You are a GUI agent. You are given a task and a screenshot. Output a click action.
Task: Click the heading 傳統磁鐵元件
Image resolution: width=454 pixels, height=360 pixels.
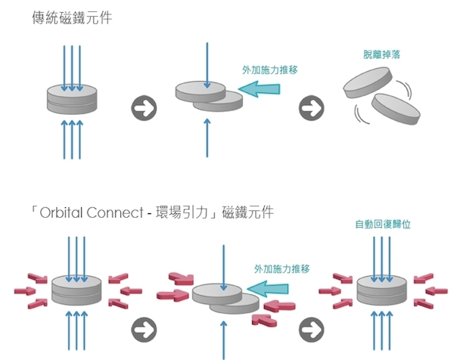click(x=72, y=18)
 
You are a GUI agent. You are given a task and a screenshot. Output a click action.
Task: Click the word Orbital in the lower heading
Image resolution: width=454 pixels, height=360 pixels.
click(x=61, y=213)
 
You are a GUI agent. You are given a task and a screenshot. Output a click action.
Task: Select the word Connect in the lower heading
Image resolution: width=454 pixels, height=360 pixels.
click(x=115, y=213)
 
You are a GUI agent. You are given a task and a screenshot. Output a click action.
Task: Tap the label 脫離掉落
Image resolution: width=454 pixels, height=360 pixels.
click(x=381, y=54)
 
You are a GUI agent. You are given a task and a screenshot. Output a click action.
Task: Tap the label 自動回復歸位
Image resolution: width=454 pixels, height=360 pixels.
click(x=383, y=225)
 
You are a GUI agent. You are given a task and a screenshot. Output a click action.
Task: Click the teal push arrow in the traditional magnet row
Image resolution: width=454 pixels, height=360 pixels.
click(x=259, y=88)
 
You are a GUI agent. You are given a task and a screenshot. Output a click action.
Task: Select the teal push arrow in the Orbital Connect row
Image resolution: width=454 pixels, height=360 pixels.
click(x=268, y=288)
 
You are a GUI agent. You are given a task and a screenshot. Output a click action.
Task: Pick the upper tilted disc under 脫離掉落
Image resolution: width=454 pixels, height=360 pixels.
click(x=368, y=82)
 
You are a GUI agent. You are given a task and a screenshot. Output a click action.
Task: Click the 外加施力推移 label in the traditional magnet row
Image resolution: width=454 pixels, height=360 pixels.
click(x=270, y=70)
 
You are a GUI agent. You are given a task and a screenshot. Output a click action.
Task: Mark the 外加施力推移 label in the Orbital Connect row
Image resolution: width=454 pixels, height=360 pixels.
click(x=282, y=269)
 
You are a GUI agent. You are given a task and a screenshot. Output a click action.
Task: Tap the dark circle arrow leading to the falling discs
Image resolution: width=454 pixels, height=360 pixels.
click(x=311, y=108)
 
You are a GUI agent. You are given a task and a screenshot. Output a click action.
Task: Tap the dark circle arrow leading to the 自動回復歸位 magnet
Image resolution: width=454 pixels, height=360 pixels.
click(x=311, y=330)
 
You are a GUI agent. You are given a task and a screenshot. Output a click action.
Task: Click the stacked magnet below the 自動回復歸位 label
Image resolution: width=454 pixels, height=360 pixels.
click(x=381, y=290)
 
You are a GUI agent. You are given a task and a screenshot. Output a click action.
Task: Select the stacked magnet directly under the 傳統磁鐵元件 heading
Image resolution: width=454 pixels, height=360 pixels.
click(x=72, y=99)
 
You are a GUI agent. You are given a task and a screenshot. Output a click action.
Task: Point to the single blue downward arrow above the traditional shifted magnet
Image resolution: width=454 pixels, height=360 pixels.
click(x=207, y=65)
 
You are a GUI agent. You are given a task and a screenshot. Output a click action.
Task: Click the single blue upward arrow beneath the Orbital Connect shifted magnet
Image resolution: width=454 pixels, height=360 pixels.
click(x=223, y=340)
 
